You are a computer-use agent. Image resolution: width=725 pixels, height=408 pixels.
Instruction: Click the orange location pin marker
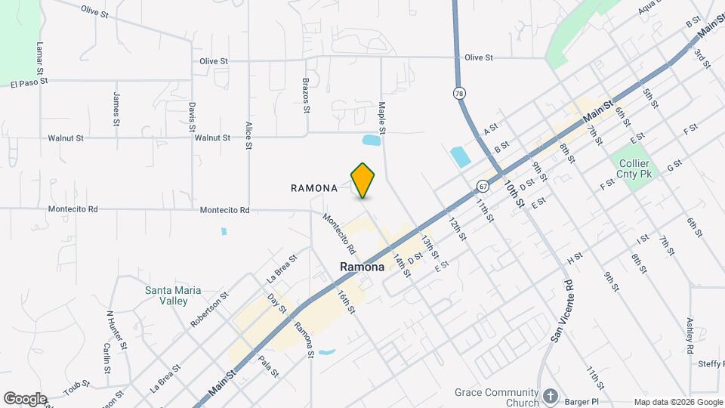coord(363,180)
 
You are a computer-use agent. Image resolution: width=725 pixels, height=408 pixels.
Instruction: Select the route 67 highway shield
coord(481,185)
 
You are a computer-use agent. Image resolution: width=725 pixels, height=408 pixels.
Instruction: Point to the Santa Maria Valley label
coord(167,295)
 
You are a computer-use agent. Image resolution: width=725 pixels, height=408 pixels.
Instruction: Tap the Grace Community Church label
coord(496,397)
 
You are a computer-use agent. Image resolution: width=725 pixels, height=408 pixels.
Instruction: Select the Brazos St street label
coord(306,94)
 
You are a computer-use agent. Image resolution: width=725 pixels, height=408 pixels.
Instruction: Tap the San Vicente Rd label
coord(562,311)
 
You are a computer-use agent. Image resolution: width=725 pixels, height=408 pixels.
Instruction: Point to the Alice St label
coord(248,135)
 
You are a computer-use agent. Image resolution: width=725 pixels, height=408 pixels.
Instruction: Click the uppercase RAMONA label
coord(313,189)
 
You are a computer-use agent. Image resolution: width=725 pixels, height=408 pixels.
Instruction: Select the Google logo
coord(25,398)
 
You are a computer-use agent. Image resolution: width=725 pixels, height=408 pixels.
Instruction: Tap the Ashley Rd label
coord(690,335)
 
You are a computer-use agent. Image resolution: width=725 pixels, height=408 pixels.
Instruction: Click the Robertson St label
coord(209,309)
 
